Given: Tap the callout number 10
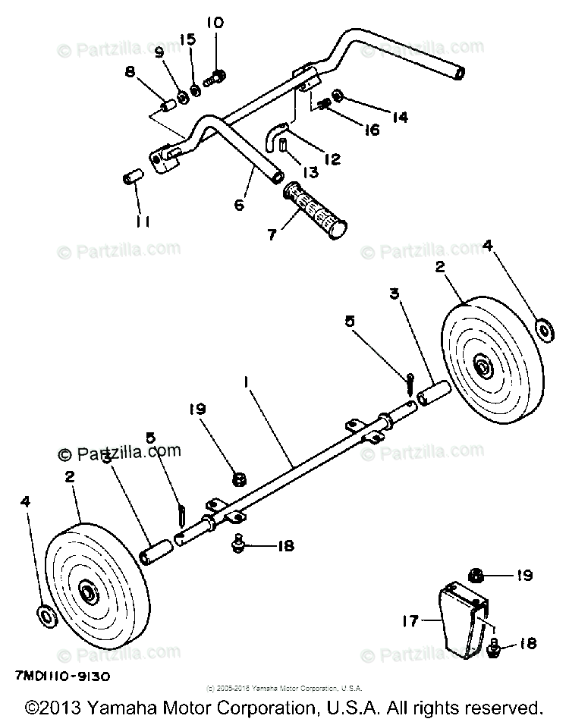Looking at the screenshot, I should click(x=215, y=24).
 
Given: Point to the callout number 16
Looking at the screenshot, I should click(x=371, y=130).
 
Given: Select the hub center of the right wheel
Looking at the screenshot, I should click(x=483, y=369).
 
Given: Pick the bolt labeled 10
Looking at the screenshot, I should click(x=218, y=74).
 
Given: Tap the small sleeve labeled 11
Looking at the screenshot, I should click(x=132, y=179).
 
